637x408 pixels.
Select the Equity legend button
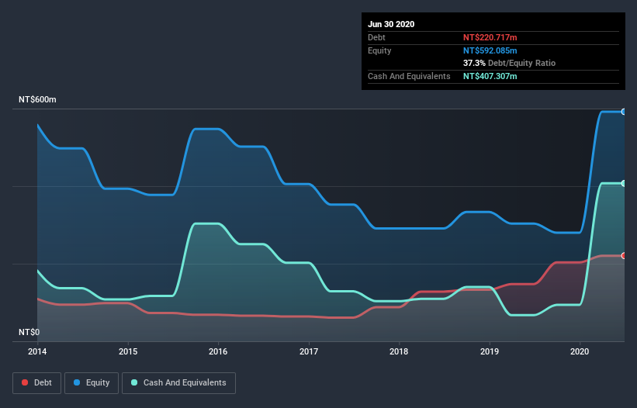pyautogui.click(x=92, y=382)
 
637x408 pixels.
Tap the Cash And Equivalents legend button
pyautogui.click(x=178, y=382)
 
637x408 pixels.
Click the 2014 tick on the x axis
pyautogui.click(x=37, y=351)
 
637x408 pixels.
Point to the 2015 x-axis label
pyautogui.click(x=128, y=351)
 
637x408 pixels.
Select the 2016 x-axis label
pyautogui.click(x=219, y=351)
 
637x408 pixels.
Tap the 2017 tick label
pyautogui.click(x=309, y=351)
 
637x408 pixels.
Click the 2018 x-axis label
pyautogui.click(x=400, y=351)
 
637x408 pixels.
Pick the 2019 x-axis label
pyautogui.click(x=490, y=351)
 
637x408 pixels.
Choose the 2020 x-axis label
pyautogui.click(x=580, y=351)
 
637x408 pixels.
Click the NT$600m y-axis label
pyautogui.click(x=38, y=100)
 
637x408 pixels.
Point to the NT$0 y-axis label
pyautogui.click(x=29, y=332)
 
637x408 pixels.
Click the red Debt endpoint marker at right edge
pyautogui.click(x=624, y=256)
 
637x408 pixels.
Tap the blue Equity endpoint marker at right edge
pyautogui.click(x=624, y=112)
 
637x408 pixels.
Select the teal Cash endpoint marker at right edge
pyautogui.click(x=624, y=183)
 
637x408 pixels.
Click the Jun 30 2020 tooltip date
pyautogui.click(x=391, y=24)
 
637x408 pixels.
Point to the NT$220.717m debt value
pyautogui.click(x=490, y=37)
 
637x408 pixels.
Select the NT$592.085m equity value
pyautogui.click(x=490, y=50)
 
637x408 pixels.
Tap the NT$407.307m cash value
pyautogui.click(x=490, y=76)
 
